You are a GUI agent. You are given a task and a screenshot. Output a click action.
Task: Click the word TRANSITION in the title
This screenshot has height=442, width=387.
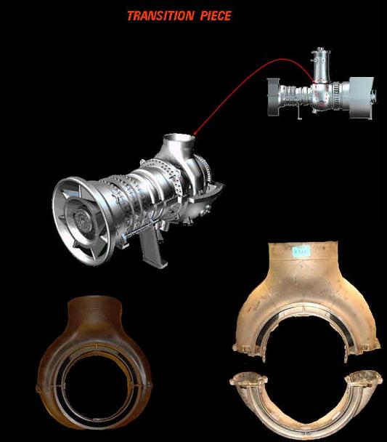click(x=160, y=15)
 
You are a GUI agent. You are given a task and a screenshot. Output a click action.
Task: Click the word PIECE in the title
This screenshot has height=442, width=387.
click(x=216, y=15)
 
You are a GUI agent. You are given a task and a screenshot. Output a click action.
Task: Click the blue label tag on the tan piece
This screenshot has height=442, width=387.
click(x=300, y=252)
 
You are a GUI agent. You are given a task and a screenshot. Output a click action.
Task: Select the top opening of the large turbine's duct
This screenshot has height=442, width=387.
click(x=179, y=138)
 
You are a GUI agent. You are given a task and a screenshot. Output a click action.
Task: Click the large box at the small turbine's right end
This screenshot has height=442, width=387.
click(x=359, y=95)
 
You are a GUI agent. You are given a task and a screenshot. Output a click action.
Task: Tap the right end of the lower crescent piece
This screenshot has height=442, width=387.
click(x=370, y=378)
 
